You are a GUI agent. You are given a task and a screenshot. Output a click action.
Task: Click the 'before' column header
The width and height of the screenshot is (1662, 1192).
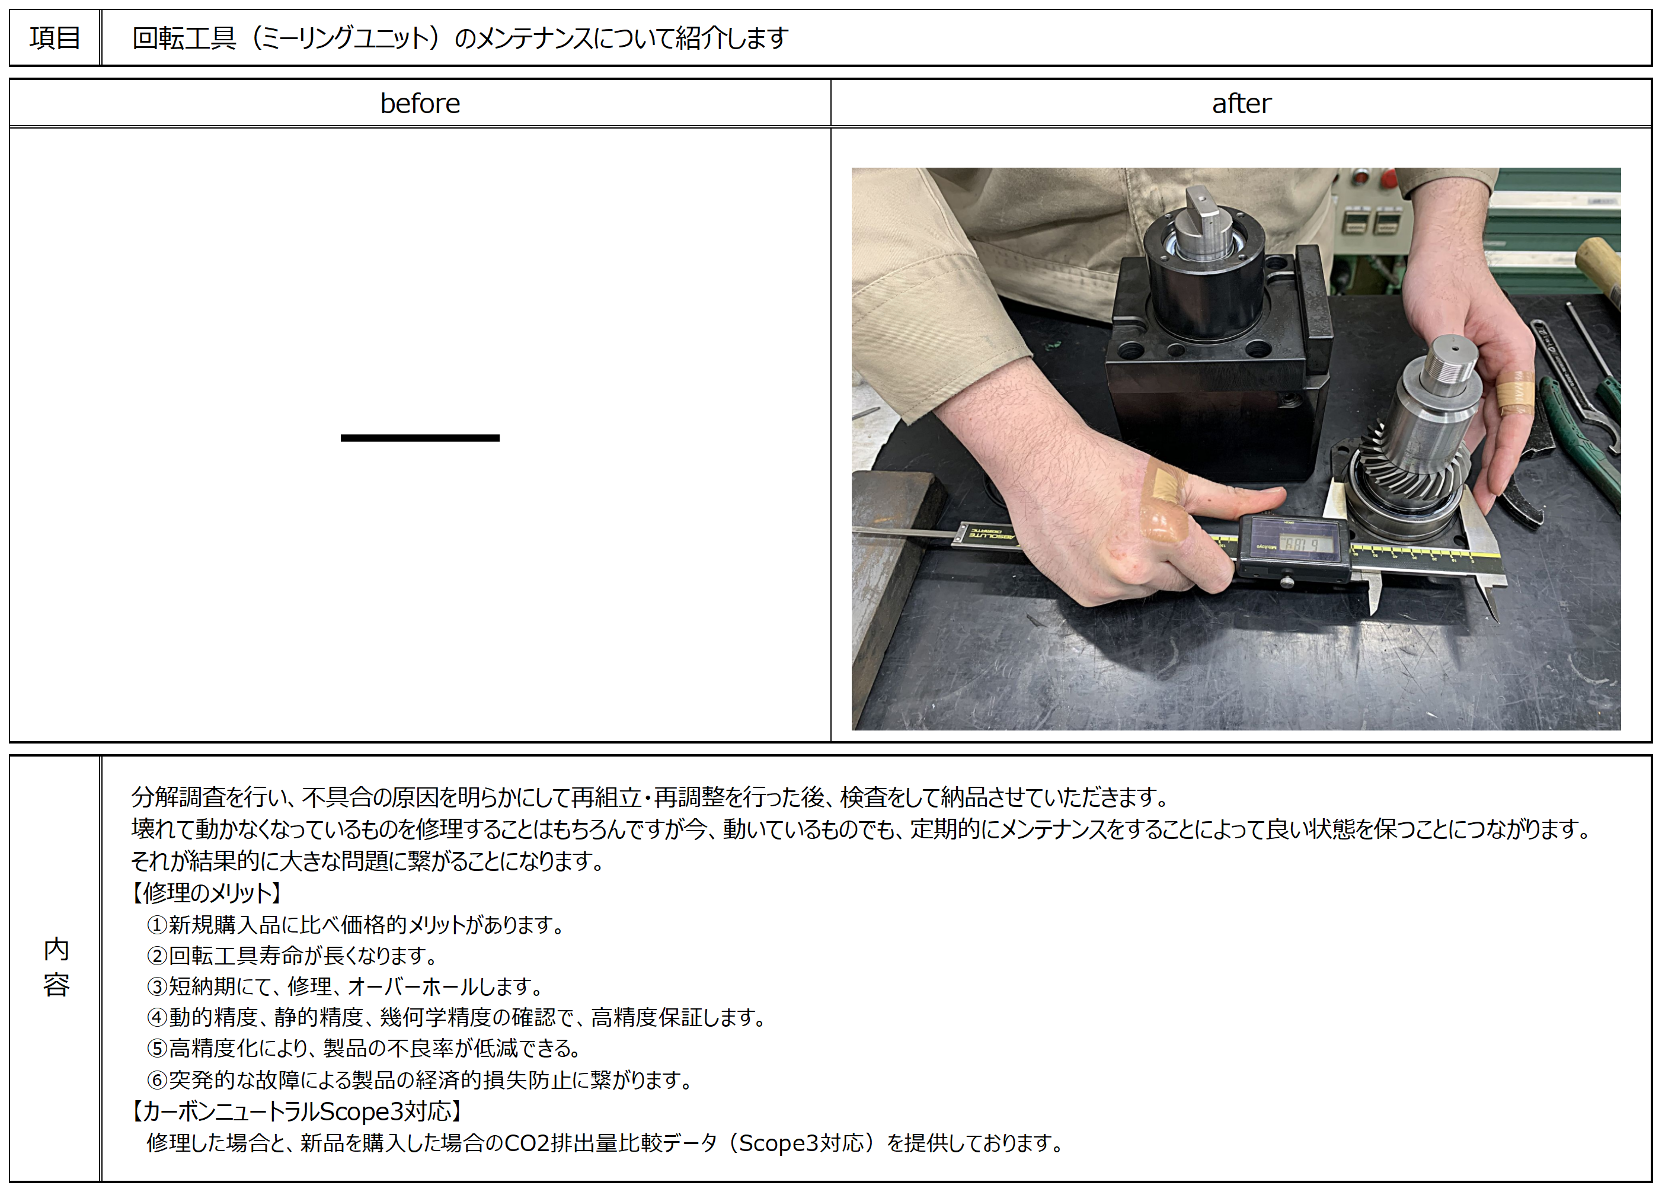pyautogui.click(x=420, y=103)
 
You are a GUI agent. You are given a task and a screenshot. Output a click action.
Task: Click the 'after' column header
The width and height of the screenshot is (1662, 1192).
pyautogui.click(x=1241, y=103)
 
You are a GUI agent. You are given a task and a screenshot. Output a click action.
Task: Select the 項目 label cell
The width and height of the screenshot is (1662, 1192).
pyautogui.click(x=55, y=37)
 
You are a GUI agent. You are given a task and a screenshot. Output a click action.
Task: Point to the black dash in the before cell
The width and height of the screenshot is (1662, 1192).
pyautogui.click(x=420, y=438)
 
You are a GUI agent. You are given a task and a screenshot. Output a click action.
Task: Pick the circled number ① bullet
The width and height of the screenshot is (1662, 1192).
pyautogui.click(x=157, y=925)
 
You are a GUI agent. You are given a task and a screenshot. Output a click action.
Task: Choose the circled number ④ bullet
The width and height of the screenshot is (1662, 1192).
pyautogui.click(x=157, y=1017)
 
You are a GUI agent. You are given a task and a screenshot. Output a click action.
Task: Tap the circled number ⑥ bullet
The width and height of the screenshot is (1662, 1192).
pyautogui.click(x=157, y=1079)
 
